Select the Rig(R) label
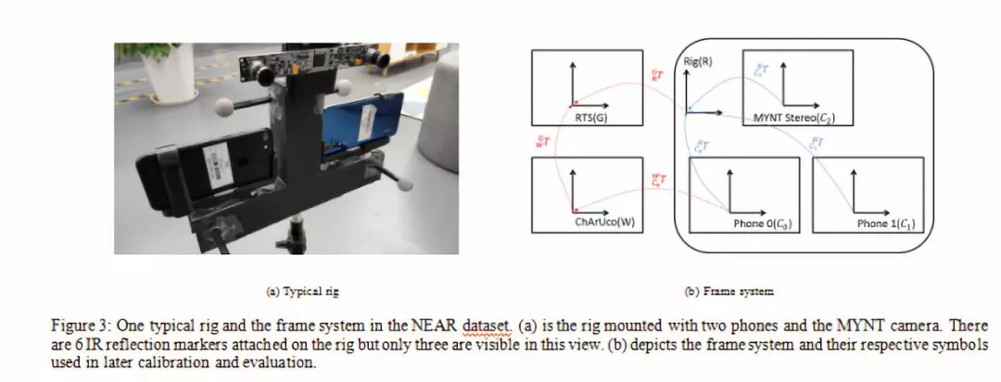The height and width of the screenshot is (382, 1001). coord(696,61)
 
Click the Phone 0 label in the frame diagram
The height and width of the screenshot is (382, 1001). coord(755,223)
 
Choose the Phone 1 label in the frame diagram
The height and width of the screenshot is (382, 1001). coord(885,223)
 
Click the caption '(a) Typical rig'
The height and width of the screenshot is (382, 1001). coord(302,290)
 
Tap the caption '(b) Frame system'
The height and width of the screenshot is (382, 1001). coord(729,290)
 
